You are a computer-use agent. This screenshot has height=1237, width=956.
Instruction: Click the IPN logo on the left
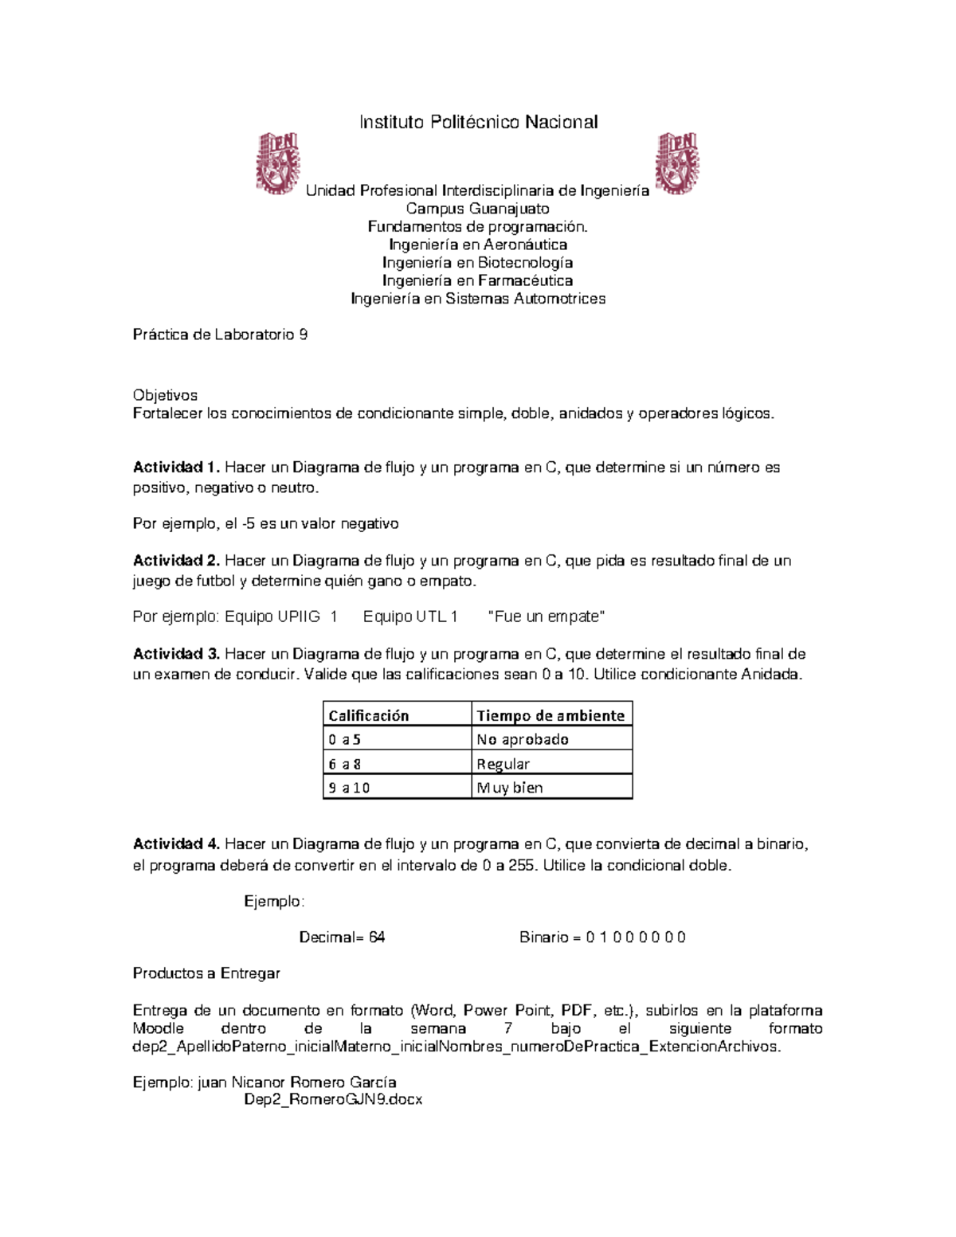click(277, 163)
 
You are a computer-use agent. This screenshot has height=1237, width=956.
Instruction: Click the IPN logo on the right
click(676, 163)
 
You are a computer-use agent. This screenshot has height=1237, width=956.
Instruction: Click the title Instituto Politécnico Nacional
click(478, 122)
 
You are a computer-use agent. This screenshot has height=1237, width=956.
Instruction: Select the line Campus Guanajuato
click(478, 209)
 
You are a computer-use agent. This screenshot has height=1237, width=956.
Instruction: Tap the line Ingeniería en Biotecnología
click(478, 263)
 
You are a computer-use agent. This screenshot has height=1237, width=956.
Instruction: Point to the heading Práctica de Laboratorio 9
click(220, 335)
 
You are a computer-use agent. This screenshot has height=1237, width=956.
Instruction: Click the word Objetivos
click(165, 395)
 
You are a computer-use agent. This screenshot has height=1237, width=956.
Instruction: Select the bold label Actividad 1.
click(176, 468)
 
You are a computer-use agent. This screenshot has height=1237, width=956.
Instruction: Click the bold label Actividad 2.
click(176, 561)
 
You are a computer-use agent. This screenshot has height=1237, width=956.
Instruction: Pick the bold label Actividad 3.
click(176, 654)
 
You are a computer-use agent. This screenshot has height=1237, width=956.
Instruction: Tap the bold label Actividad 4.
click(176, 844)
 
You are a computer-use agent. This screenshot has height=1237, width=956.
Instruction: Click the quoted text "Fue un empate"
click(546, 617)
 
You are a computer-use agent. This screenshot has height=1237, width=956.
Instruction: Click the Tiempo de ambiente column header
click(550, 715)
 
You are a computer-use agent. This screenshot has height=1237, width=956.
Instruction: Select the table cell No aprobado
click(523, 739)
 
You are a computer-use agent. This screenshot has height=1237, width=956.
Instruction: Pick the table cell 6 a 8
click(345, 764)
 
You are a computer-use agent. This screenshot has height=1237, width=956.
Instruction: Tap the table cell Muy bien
click(510, 788)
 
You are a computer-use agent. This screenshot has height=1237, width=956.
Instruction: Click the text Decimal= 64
click(342, 938)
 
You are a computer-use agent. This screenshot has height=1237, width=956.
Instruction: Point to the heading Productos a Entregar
click(206, 973)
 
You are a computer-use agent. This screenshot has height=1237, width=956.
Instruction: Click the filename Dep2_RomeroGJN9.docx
click(333, 1100)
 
